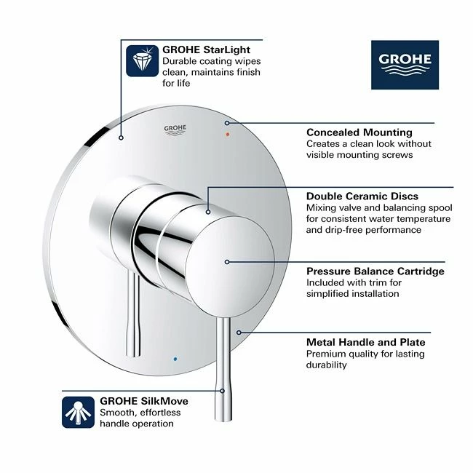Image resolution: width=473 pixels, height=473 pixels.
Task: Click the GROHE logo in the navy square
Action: point(405,65)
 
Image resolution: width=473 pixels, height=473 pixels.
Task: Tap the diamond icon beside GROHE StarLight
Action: point(142,60)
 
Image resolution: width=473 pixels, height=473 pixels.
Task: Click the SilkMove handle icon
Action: point(78,412)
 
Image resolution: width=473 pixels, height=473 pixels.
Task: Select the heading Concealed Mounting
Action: point(359,132)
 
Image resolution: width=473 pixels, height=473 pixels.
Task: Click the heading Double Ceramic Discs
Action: point(362,196)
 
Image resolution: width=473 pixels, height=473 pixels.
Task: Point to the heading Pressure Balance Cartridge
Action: point(375,271)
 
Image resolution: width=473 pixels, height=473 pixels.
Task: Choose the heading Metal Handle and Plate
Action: point(365,342)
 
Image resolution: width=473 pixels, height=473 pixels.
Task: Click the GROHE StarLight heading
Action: point(207,49)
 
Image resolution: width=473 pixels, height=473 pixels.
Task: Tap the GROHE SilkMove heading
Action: point(144,401)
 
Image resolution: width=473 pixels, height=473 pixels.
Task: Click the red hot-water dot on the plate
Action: point(228,134)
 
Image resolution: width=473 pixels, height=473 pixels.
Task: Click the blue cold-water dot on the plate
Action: point(175,359)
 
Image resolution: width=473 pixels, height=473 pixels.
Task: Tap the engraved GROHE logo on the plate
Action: point(175,130)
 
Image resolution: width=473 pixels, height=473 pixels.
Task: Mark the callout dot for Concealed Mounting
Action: point(227,123)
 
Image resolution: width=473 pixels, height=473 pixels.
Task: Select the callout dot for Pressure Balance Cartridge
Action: point(227,262)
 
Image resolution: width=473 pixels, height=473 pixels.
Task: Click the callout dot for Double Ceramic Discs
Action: point(208,212)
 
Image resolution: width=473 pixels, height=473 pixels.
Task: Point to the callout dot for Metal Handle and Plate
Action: point(239,333)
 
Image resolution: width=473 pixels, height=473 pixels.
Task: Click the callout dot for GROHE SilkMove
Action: point(223,391)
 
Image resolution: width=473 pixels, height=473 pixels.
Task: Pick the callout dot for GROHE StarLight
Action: point(121,138)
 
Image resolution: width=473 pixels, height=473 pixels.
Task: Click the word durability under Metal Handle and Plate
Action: point(327,365)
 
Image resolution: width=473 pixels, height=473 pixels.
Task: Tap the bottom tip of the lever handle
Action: point(223,420)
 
